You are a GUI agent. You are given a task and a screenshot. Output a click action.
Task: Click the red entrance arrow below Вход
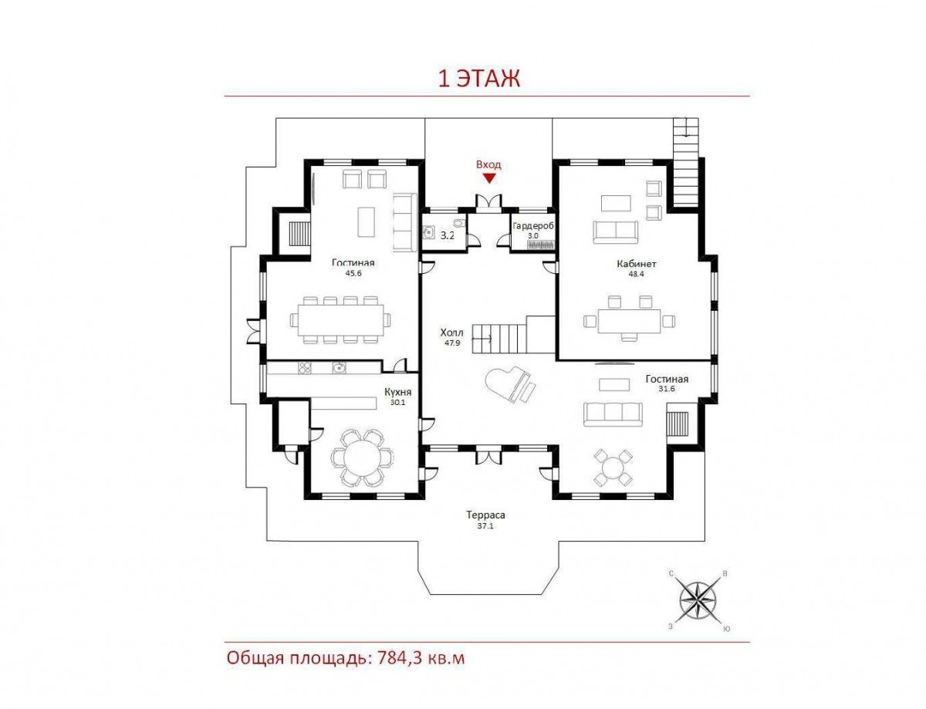(489, 178)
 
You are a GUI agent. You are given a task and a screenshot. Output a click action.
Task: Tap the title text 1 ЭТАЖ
(478, 79)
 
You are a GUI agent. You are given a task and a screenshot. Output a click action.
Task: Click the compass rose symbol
(697, 599)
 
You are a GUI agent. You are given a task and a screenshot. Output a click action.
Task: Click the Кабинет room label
(636, 264)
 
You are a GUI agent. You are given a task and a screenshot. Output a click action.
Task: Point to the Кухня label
(397, 391)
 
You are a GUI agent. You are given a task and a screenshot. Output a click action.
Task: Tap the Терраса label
(485, 515)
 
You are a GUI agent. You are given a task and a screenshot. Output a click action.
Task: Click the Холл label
(451, 333)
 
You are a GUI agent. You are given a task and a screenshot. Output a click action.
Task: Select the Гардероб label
(533, 226)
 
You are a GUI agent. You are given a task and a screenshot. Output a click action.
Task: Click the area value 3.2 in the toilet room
(447, 235)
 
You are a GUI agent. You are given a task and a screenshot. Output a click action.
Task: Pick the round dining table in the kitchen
(363, 458)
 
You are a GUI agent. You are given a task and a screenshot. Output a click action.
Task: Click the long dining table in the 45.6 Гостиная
(340, 320)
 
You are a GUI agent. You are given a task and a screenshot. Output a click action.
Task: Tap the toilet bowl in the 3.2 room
(458, 222)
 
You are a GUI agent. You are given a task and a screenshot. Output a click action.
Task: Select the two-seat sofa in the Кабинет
(615, 231)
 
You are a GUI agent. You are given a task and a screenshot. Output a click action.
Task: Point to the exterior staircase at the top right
(686, 163)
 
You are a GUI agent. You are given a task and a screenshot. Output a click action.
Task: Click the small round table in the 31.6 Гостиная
(613, 467)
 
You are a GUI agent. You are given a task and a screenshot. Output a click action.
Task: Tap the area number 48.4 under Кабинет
(636, 274)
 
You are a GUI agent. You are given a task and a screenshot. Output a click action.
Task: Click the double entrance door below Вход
(488, 201)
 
